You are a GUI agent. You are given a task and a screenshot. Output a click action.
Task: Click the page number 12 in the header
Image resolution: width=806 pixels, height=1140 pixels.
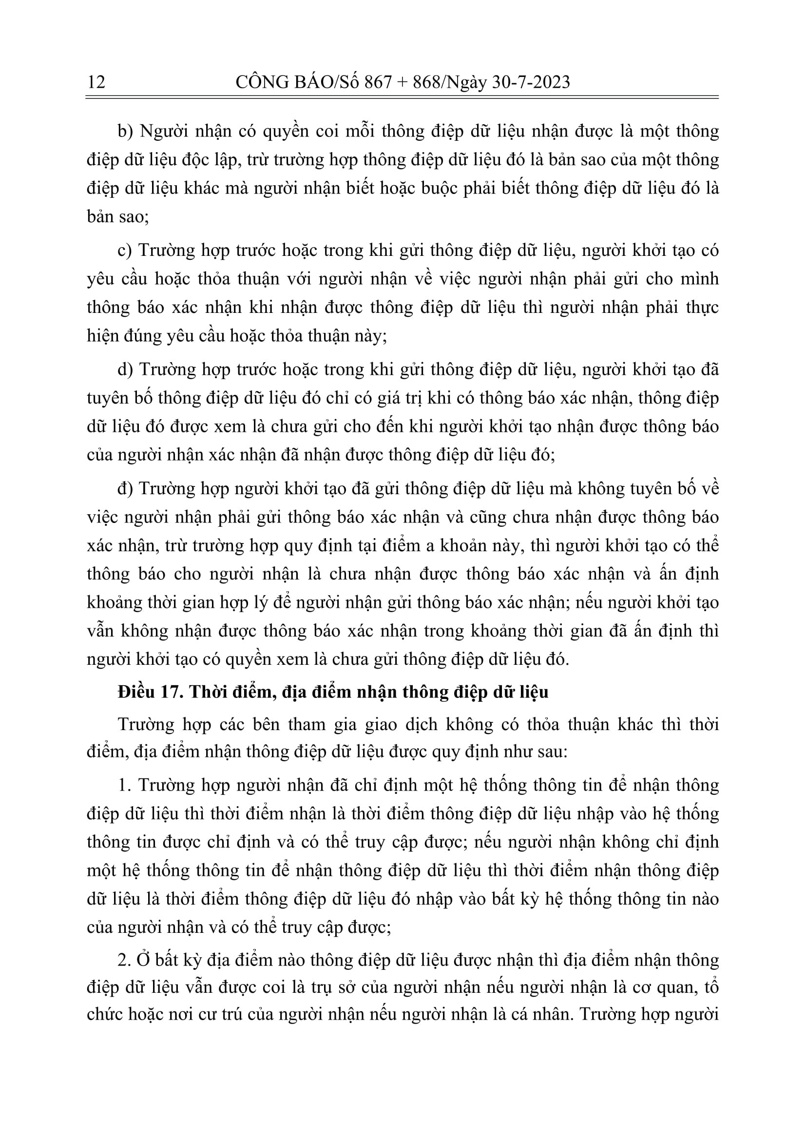pos(96,81)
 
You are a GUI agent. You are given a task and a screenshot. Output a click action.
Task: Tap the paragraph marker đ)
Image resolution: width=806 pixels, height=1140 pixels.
pos(125,488)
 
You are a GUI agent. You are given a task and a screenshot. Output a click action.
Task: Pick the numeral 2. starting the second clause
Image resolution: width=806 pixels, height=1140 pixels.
pos(124,960)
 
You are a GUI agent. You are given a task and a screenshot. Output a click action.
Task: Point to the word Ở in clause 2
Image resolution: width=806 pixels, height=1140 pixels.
pos(142,960)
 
